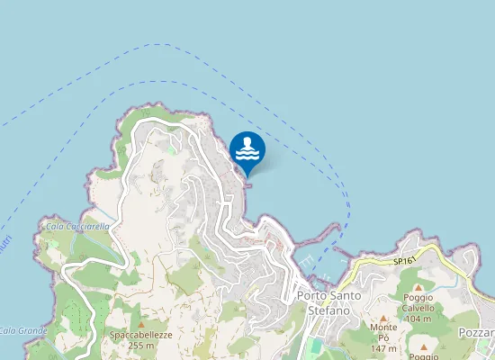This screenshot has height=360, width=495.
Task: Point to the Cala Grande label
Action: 23,330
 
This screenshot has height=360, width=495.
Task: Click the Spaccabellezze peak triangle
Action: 140,323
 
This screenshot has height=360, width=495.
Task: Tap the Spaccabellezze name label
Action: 140,335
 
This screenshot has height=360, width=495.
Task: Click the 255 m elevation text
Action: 140,346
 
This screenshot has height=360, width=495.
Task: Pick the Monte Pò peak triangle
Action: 382,318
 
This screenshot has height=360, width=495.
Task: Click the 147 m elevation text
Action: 383,349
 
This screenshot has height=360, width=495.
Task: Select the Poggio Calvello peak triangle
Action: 418,287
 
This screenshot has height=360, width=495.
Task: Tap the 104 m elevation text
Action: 418,319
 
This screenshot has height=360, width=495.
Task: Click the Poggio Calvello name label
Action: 418,302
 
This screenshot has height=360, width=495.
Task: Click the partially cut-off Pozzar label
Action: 476,333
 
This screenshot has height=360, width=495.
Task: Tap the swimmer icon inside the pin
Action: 247,148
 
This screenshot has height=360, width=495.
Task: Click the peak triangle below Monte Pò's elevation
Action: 423,346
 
